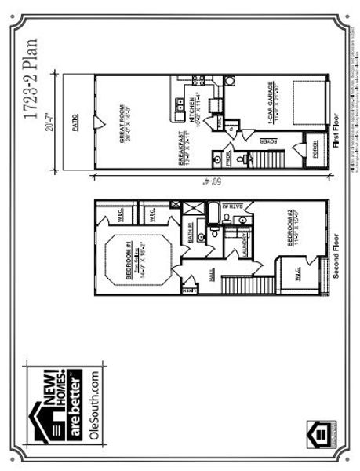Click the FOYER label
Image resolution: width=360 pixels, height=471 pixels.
[x=266, y=143]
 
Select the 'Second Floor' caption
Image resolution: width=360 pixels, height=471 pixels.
[x=335, y=256]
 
